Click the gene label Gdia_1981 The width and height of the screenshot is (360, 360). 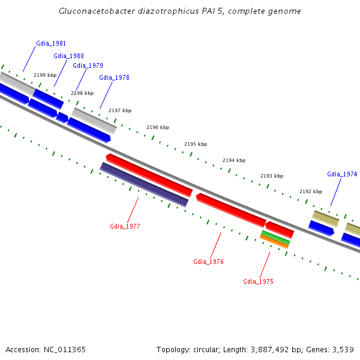pyautogui.click(x=51, y=43)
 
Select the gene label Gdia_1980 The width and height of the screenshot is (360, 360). pyautogui.click(x=68, y=56)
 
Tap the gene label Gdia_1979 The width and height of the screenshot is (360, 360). pyautogui.click(x=88, y=65)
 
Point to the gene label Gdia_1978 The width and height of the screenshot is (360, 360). pyautogui.click(x=114, y=77)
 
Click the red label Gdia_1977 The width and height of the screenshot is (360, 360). pyautogui.click(x=125, y=226)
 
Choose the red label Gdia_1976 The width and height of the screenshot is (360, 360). pyautogui.click(x=208, y=262)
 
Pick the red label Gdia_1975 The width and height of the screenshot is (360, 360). pyautogui.click(x=258, y=281)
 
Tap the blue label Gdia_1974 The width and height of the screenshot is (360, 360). pyautogui.click(x=342, y=174)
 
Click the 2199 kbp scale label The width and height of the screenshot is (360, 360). pyautogui.click(x=45, y=75)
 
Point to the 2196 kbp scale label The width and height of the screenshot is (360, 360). pyautogui.click(x=158, y=127)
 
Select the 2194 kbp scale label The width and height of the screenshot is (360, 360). pyautogui.click(x=234, y=160)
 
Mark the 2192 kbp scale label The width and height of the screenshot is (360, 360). pyautogui.click(x=311, y=191)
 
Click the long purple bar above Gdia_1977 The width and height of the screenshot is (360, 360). pyautogui.click(x=144, y=184)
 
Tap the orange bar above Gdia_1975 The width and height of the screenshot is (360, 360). pyautogui.click(x=274, y=242)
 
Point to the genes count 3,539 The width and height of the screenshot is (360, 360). pyautogui.click(x=341, y=349)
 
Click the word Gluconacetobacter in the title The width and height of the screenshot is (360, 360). pyautogui.click(x=94, y=11)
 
